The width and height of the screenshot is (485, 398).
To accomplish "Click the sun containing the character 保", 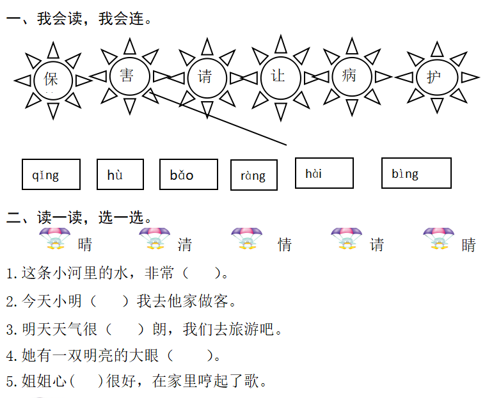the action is tap(51, 79).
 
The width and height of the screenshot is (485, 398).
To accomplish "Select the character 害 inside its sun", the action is tap(127, 76).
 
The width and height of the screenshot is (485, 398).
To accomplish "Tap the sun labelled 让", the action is tap(278, 76).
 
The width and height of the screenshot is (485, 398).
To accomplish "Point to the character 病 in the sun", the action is tap(349, 76).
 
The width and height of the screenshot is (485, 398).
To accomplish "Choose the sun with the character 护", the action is tap(434, 77).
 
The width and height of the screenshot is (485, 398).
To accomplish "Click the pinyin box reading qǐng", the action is tap(51, 175).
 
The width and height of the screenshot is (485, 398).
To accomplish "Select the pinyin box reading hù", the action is tap(120, 175).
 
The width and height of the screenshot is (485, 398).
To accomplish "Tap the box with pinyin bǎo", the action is tap(187, 175).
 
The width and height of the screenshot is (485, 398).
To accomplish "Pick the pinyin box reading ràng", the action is tap(253, 175).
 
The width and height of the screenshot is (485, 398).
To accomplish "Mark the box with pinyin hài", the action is tap(324, 173).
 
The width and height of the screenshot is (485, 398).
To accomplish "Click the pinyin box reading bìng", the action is tap(416, 173).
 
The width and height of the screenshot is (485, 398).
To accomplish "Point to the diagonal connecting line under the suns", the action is tap(218, 118).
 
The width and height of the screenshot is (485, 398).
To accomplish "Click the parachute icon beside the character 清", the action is tap(155, 238).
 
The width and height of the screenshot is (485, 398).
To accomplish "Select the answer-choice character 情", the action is tap(285, 244).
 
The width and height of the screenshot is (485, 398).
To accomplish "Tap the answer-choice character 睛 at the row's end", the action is tap(469, 244).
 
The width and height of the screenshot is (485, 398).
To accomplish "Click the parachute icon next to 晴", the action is tap(55, 238).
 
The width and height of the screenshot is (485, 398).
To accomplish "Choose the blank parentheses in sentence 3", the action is tap(125, 329).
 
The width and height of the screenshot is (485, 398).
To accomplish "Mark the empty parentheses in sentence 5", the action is tap(87, 381).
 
